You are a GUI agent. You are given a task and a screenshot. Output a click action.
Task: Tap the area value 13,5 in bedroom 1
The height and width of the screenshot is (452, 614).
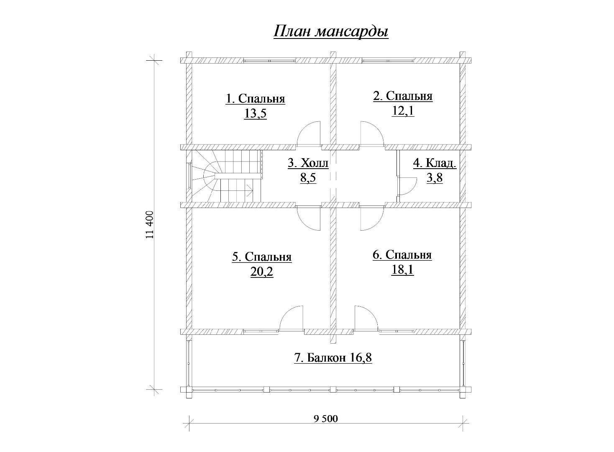[x=255, y=113]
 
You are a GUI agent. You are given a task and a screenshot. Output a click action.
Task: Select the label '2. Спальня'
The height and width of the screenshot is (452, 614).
[x=403, y=96]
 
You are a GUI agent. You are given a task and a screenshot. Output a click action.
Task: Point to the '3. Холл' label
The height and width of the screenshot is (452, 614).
[x=308, y=163]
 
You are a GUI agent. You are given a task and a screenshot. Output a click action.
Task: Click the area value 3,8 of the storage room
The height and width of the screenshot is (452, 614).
[x=435, y=178]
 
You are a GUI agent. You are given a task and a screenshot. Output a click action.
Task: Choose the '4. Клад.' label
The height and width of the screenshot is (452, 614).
[x=435, y=164]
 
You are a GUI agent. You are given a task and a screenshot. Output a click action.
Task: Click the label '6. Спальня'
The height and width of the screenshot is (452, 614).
[x=402, y=255]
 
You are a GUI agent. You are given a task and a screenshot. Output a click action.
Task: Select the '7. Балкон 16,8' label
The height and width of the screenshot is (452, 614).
[x=333, y=358]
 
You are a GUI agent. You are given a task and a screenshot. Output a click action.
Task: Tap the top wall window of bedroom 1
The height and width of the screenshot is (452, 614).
[x=269, y=60]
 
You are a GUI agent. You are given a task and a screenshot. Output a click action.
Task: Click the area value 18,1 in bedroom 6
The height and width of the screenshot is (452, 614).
[x=402, y=270]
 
